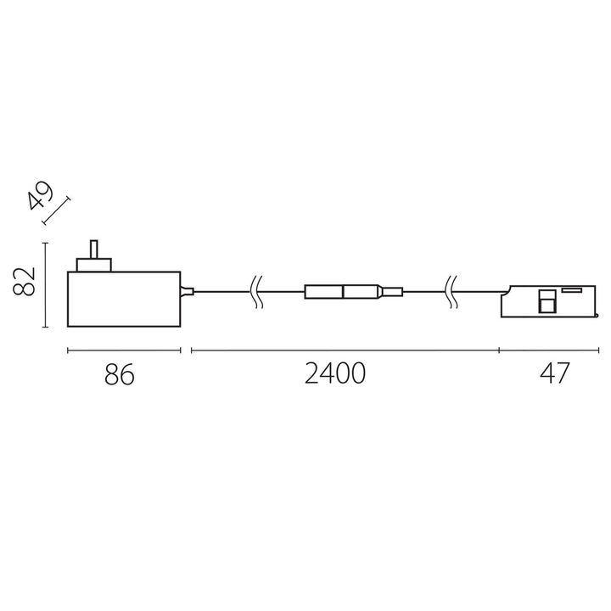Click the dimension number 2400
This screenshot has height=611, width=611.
coord(335,374)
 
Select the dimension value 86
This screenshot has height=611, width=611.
coord(121,374)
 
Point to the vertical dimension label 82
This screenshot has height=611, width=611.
coord(25,281)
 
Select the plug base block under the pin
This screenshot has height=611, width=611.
coord(95,266)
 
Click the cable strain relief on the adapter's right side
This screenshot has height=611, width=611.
coord(188,293)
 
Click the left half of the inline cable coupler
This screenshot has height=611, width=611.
coord(323,293)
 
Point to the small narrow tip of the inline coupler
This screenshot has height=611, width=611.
coord(391,293)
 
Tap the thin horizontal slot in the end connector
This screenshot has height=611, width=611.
coord(570,290)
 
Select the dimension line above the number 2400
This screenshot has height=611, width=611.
coord(345,349)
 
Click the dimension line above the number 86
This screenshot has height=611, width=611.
coord(123,349)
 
